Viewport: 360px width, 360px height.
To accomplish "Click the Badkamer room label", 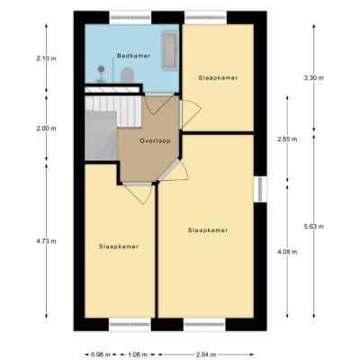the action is pos(133,56).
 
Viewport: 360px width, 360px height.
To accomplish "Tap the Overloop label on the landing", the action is pos(155,140).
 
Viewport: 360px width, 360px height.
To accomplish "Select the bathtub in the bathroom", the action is pos(170,50).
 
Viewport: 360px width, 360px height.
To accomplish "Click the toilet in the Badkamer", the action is pos(127,76).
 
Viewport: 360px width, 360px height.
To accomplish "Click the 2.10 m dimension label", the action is pos(46,58).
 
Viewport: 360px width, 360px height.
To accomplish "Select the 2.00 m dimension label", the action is pos(46,129).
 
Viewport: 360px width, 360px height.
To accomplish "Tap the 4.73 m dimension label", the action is pos(46,241).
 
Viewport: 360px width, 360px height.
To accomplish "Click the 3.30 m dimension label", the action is pos(314,78).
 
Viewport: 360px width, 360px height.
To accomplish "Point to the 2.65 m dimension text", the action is pos(287,139).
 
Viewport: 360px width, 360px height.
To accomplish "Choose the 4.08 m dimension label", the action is pos(287,252).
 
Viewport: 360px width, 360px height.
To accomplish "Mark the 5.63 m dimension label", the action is pos(314,227).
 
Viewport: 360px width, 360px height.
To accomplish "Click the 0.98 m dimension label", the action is pos(101,355).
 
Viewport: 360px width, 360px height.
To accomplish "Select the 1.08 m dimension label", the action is pos(138,355).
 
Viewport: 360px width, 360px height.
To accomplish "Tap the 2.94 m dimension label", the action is pos(206,355).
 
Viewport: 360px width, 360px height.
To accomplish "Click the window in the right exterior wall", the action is pos(260,189).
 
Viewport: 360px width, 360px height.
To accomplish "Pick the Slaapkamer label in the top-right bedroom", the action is pos(218,78).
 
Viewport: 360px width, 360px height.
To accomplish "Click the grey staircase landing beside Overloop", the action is pos(101,136).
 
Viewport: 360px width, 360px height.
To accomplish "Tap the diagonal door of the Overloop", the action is pos(169,170).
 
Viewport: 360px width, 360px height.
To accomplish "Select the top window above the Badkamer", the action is pos(130,17).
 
